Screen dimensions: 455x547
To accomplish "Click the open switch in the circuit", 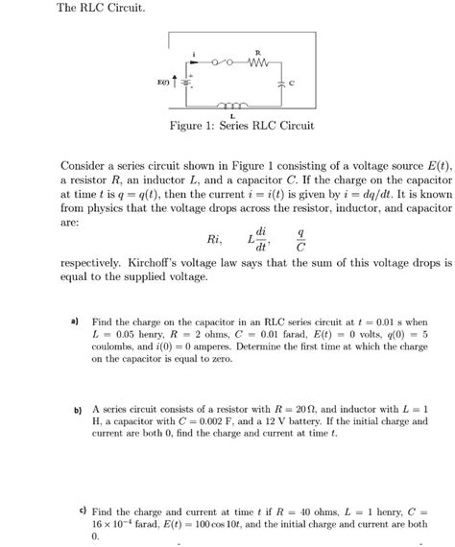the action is tap(223, 65).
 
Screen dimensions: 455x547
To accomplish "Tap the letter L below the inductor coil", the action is tap(233, 115).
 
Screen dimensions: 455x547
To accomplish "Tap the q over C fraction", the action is tap(301, 237).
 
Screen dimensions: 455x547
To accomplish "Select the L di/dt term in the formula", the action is tap(256, 237).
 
